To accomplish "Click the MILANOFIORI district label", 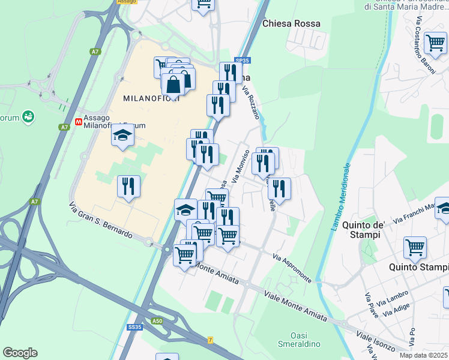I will [148, 98].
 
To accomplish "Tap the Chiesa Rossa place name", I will [291, 23].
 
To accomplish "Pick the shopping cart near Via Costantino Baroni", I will [435, 43].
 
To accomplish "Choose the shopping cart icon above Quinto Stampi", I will [415, 247].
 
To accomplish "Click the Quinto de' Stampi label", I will [363, 230].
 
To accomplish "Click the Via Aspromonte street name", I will [292, 268].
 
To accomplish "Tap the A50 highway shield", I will [157, 322].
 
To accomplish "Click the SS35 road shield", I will [134, 327].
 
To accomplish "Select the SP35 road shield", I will [242, 61].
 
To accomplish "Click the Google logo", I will [20, 353].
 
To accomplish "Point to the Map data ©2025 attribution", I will [424, 355].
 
